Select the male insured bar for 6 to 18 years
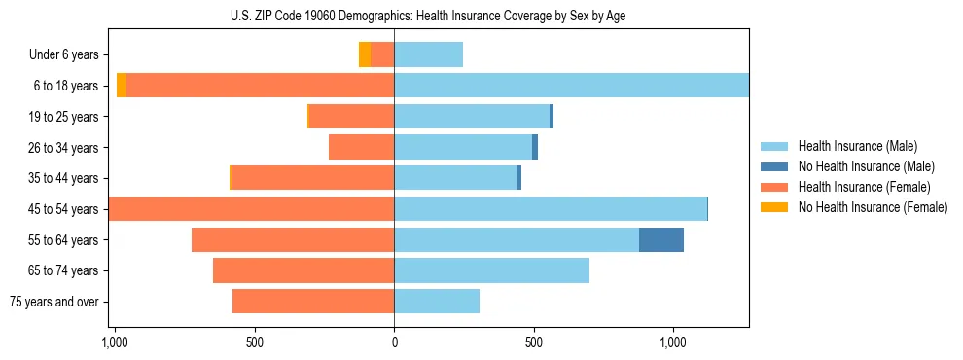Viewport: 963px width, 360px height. click(x=571, y=86)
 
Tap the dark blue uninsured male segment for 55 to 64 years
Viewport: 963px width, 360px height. click(x=661, y=239)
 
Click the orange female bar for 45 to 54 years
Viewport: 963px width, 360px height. click(x=251, y=209)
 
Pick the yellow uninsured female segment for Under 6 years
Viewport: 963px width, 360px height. click(x=364, y=54)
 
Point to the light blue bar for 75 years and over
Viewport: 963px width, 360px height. click(x=437, y=302)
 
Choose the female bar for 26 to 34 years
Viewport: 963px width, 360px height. click(x=361, y=147)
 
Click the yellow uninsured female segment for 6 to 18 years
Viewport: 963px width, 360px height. click(x=122, y=86)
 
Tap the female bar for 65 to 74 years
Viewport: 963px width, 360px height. click(x=303, y=270)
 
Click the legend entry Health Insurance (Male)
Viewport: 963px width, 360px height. click(x=857, y=146)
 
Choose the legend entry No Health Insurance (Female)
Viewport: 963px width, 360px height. click(x=873, y=207)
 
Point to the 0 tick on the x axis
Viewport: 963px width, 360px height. click(x=394, y=342)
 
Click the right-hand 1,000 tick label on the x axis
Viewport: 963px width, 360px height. click(x=673, y=342)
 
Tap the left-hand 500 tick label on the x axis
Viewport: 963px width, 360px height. click(x=254, y=342)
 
